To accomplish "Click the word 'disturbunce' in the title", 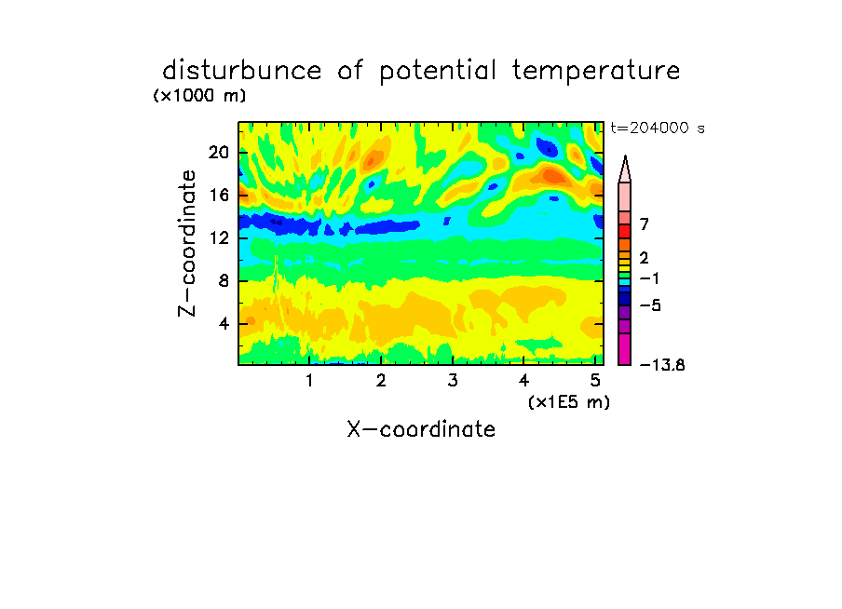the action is pos(242,71).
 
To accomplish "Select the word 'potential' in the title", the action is pos(438,72).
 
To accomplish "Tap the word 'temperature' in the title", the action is pos(596,72).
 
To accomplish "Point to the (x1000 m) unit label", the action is pos(199,96).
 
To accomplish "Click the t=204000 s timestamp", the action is pos(658,128).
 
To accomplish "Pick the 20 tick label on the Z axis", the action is pos(219,153).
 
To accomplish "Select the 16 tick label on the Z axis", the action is pos(219,195).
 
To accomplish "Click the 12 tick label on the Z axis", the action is pos(219,237).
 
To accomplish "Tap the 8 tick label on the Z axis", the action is pos(224,281).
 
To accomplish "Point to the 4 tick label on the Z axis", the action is pos(224,324).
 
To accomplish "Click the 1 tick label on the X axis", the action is pos(310,381).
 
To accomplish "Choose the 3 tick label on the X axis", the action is pos(453,381).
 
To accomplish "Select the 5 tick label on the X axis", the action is pos(595,381).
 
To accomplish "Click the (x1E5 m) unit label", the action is pos(569,402).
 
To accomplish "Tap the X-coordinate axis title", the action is pos(421,429).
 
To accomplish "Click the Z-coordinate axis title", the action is pos(187,243).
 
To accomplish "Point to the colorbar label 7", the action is pos(645,223).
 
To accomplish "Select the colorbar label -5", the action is pos(650,305).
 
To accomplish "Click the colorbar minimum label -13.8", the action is pos(662,365).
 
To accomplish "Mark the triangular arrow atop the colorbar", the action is pos(625,169).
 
